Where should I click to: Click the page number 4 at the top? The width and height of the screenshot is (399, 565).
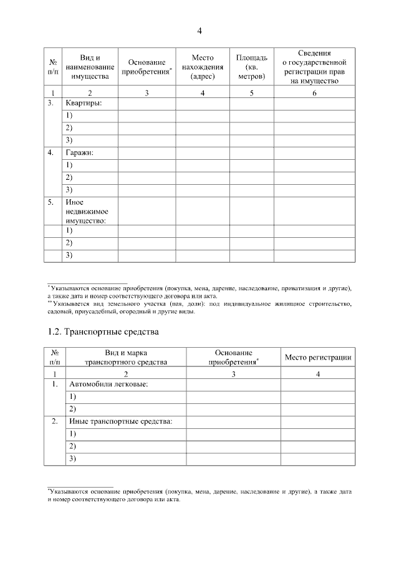pyautogui.click(x=199, y=31)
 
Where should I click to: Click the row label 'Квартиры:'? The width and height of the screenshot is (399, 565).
pyautogui.click(x=84, y=102)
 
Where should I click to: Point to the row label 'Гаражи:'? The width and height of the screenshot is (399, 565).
pyautogui.click(x=80, y=152)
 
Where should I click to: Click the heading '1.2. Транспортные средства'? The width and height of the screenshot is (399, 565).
pyautogui.click(x=103, y=331)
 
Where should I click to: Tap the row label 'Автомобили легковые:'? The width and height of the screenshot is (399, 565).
pyautogui.click(x=108, y=383)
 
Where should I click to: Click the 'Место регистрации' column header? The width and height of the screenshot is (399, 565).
pyautogui.click(x=318, y=357)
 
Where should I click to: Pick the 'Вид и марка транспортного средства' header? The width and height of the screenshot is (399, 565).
pyautogui.click(x=126, y=357)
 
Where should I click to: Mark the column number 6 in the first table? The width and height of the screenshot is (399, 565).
pyautogui.click(x=314, y=93)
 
